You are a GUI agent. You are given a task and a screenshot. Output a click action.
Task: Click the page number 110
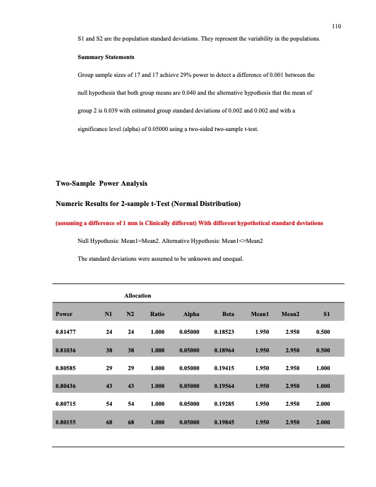[x=336, y=26]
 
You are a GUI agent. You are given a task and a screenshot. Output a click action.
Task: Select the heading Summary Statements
[x=101, y=57]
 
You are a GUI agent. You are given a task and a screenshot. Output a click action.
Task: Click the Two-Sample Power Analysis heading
[x=101, y=184]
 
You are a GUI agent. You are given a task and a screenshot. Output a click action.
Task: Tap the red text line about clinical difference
[x=189, y=222]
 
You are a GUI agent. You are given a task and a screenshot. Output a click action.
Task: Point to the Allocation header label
[x=138, y=296]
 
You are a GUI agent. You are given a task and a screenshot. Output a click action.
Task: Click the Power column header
[x=64, y=314]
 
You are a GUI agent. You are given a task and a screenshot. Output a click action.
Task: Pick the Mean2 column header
[x=290, y=314]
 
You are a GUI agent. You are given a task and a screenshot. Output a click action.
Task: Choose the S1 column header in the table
[x=327, y=314]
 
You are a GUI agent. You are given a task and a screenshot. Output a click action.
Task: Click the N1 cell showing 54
[x=108, y=405]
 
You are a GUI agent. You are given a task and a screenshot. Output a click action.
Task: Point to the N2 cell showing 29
[x=130, y=369]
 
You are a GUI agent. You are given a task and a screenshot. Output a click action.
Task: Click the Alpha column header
[x=192, y=314]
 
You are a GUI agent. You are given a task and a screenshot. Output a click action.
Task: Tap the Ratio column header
[x=157, y=314]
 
